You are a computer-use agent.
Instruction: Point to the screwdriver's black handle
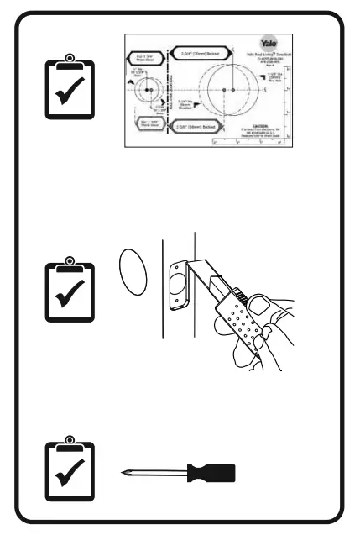click(211, 473)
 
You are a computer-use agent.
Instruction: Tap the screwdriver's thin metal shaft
click(155, 474)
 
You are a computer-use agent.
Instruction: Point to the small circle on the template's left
click(149, 89)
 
